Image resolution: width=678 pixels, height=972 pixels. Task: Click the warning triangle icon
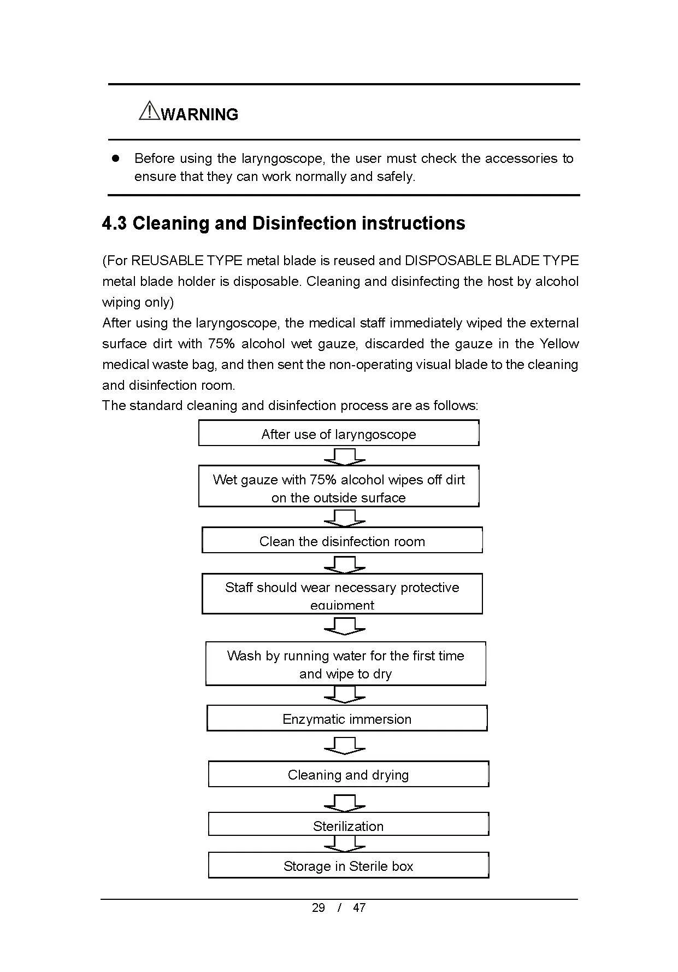point(149,110)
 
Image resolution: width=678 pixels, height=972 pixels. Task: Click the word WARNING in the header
point(200,115)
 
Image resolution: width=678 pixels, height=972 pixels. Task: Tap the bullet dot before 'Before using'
point(115,158)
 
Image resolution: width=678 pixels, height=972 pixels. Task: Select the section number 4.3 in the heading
point(115,224)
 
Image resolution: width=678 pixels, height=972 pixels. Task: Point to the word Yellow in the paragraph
point(559,344)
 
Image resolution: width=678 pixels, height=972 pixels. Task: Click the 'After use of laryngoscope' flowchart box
point(338,434)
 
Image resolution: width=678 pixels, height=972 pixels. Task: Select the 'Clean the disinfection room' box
point(342,541)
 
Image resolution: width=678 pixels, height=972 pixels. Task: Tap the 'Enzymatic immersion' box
point(346,718)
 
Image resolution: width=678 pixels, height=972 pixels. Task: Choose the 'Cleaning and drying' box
point(348,774)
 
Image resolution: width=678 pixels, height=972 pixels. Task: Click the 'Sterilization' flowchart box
point(348,825)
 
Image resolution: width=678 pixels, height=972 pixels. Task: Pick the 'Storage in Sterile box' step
point(348,865)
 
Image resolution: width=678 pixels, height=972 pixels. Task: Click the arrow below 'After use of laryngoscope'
point(345,456)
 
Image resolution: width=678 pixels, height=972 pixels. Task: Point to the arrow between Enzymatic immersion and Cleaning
point(345,746)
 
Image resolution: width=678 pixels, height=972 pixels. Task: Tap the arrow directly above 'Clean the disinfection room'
point(345,517)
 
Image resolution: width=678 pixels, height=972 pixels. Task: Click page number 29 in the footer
point(318,907)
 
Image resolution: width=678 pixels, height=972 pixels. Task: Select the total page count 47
point(359,907)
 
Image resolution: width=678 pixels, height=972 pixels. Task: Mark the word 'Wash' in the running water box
point(244,656)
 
